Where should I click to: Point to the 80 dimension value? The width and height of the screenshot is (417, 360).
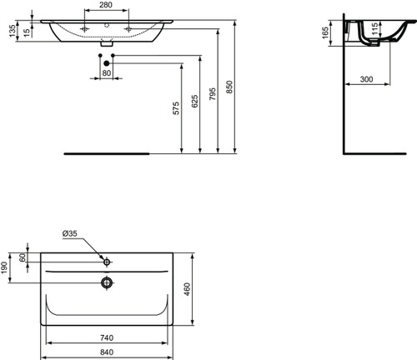pyautogui.click(x=106, y=72)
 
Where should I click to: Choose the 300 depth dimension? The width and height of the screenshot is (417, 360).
pyautogui.click(x=365, y=79)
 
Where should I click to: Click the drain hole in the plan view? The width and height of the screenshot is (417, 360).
pyautogui.click(x=107, y=282)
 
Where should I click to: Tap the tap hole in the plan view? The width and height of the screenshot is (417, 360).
pyautogui.click(x=107, y=259)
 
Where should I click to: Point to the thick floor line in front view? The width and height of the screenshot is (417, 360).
pyautogui.click(x=108, y=153)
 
